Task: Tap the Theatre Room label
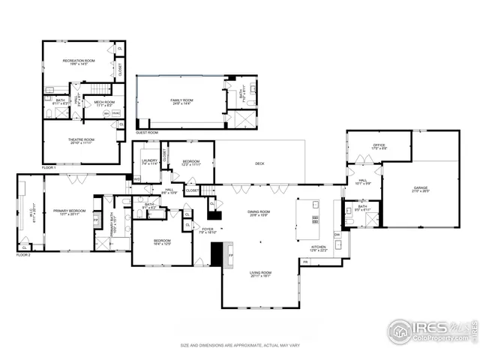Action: point(81,140)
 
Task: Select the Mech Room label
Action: point(104,103)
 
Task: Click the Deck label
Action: point(259,163)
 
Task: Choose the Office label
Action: point(379,146)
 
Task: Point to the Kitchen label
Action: point(319,248)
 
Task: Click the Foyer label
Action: point(207,230)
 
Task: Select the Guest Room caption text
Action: point(147,133)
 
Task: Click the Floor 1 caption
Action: point(49,167)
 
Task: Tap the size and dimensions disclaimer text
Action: point(239,345)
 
